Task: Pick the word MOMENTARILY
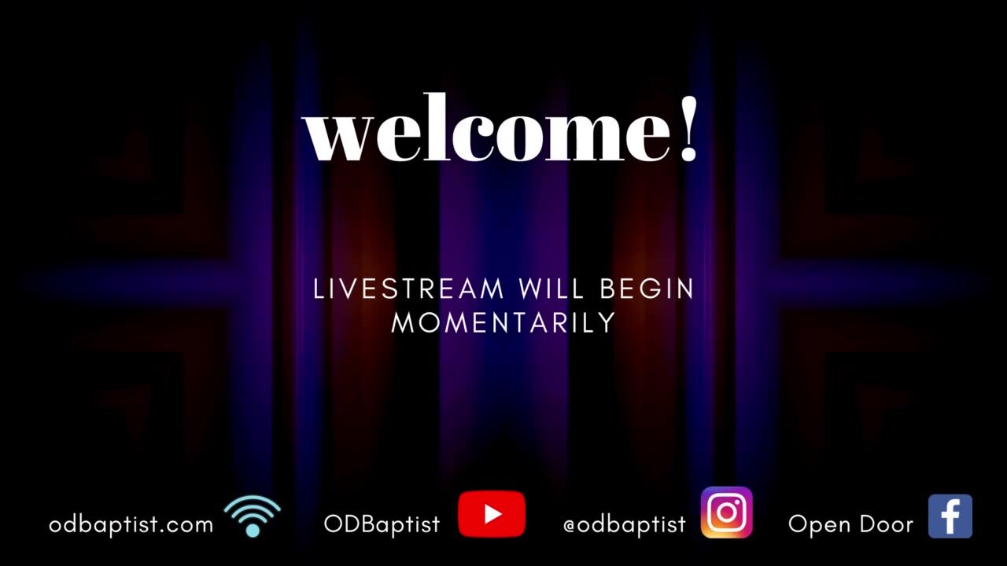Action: pyautogui.click(x=503, y=322)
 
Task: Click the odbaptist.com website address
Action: pyautogui.click(x=131, y=524)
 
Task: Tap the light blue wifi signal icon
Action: pyautogui.click(x=253, y=516)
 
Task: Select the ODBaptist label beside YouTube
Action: pyautogui.click(x=382, y=524)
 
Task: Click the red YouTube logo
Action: pyautogui.click(x=492, y=514)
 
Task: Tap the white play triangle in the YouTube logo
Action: pyautogui.click(x=493, y=514)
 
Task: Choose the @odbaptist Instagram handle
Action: pyautogui.click(x=625, y=524)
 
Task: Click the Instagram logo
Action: pyautogui.click(x=726, y=512)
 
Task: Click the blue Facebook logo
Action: pyautogui.click(x=950, y=516)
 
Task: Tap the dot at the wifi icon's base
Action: pyautogui.click(x=253, y=531)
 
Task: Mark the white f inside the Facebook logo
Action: pyautogui.click(x=952, y=520)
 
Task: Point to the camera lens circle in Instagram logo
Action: pyautogui.click(x=725, y=513)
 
